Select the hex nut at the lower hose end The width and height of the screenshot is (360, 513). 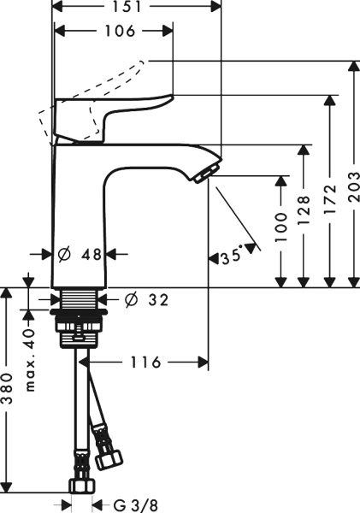point(82,483)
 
